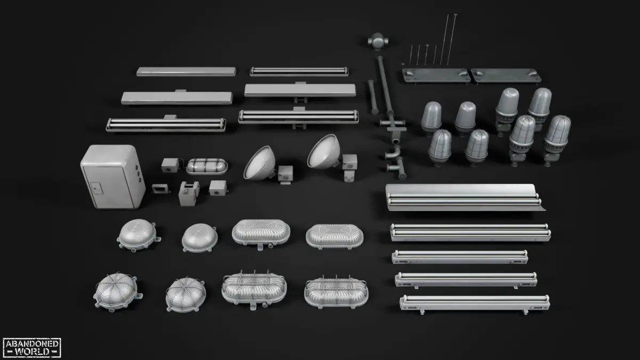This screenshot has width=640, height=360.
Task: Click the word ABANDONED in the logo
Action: (32, 343)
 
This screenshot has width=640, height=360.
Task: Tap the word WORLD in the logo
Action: (32, 351)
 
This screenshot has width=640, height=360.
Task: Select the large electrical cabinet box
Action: (113, 177)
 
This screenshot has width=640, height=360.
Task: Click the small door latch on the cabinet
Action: (97, 189)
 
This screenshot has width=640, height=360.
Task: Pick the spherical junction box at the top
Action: (378, 41)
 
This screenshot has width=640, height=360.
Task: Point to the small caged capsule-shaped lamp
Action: (207, 166)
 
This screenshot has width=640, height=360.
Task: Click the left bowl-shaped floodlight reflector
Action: (259, 163)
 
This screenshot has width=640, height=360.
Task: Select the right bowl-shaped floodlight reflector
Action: (324, 151)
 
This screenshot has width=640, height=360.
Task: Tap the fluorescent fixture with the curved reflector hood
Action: (465, 198)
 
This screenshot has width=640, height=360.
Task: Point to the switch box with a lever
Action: (189, 193)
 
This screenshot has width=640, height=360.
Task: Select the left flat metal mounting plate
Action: (436, 76)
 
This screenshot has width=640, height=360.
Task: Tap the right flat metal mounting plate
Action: (506, 76)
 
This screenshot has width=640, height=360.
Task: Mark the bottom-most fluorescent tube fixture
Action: (475, 303)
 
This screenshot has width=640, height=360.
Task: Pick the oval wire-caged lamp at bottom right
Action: (337, 292)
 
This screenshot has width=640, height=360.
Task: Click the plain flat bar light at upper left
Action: (186, 71)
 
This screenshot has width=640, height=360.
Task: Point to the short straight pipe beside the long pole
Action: (373, 97)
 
